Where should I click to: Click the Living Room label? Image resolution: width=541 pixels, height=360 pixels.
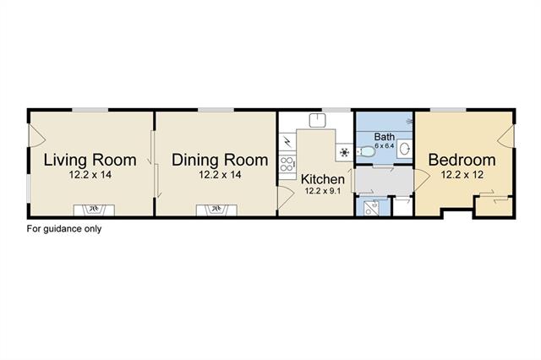coord(90,160)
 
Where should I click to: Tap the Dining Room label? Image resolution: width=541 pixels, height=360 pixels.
coord(220,160)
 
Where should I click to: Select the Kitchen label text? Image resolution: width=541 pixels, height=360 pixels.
coord(323,179)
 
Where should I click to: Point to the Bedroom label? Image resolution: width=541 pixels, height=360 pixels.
coord(462,160)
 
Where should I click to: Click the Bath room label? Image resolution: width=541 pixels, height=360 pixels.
coord(385,137)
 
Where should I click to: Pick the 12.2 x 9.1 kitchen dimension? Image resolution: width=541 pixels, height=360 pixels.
coord(323,191)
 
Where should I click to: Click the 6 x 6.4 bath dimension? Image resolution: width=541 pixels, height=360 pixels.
coord(385,145)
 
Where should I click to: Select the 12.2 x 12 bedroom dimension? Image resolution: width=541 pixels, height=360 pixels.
coord(462,175)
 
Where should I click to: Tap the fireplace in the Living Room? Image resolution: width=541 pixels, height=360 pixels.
coord(94,210)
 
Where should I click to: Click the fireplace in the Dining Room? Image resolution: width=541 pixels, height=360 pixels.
coord(216,210)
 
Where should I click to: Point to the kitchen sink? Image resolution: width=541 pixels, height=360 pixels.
coord(318,120)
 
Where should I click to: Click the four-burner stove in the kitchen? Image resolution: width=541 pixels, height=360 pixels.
coord(287,164)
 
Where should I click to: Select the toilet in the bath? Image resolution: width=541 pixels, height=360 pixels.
coord(365,151)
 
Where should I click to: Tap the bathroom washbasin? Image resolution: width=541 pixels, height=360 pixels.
coord(405,149)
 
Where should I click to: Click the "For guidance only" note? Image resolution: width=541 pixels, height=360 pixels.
coord(64,229)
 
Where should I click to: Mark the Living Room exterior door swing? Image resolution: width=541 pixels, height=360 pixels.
coord(36,136)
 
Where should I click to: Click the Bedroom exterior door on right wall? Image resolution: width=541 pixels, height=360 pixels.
coord(505,136)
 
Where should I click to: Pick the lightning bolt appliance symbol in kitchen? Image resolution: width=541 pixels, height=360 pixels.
coord(287,141)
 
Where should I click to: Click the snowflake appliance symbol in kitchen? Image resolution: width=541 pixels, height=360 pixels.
coord(344,152)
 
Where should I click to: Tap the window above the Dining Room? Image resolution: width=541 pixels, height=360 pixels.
coord(216,110)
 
